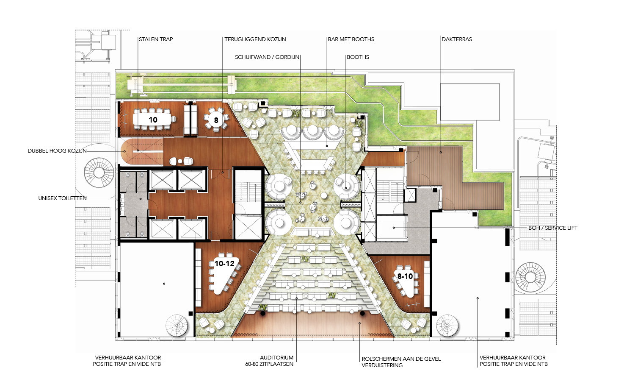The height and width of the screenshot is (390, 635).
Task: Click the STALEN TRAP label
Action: coord(156,39)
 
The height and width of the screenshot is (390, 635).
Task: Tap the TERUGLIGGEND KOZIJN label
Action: coord(255,39)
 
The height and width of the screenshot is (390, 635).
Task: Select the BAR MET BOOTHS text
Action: coord(351,39)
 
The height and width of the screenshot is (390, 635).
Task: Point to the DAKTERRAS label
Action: coord(457,39)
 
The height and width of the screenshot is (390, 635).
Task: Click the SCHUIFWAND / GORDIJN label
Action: coord(267,57)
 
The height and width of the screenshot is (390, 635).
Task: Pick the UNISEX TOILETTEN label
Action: coord(62,198)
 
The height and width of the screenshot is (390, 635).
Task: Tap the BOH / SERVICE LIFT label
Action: coord(553,228)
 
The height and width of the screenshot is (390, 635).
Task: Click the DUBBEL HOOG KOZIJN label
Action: coord(57,151)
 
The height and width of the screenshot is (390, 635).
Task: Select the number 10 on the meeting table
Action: coord(153,120)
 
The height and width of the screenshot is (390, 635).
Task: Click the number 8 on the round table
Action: coord(216,120)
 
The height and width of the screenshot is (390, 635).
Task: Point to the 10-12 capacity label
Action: coord(224,263)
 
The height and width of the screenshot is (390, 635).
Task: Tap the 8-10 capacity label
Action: coord(405,276)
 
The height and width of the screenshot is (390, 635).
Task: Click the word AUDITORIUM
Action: coord(277,358)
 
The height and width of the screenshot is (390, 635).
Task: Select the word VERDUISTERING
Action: coord(382,365)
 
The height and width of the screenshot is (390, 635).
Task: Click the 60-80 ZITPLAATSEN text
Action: coord(269,364)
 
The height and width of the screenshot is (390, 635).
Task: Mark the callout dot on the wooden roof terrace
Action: coord(441,153)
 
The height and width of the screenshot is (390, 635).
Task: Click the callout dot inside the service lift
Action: coord(394,228)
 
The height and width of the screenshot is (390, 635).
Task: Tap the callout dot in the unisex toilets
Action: coord(141,199)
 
